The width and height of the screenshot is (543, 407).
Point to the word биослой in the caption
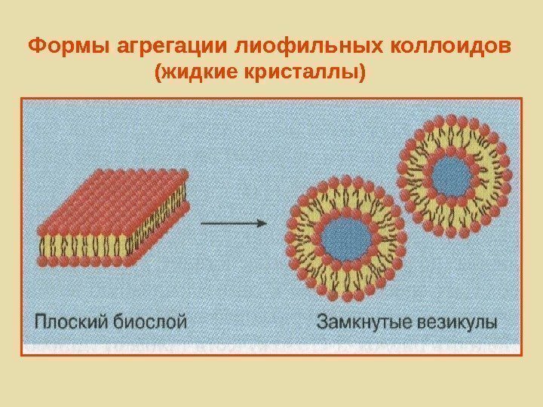click(155, 323)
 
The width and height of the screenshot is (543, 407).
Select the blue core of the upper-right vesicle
click(452, 177)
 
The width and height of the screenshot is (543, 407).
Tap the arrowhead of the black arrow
click(262, 223)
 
